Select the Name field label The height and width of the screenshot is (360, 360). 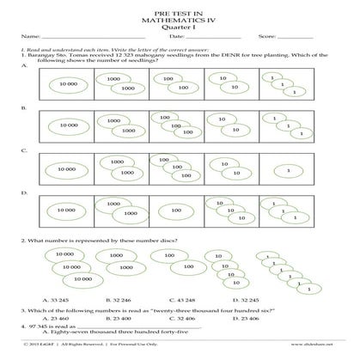[x=29, y=37]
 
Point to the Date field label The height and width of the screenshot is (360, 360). [x=176, y=37]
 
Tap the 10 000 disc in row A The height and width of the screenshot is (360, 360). [x=64, y=83]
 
